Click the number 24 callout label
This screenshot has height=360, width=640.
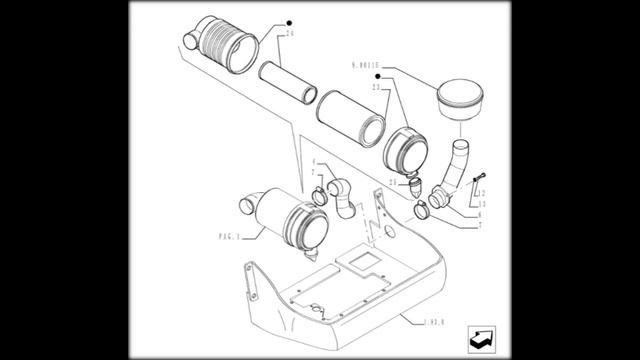pos(289,34)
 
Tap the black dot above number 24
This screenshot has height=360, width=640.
pos(289,21)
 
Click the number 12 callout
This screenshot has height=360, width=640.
pos(482,193)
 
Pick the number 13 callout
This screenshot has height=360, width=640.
pos(481,202)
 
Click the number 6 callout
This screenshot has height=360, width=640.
pos(479,215)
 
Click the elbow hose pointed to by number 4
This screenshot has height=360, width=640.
pos(340,196)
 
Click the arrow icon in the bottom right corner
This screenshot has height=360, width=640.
pos(484,338)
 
